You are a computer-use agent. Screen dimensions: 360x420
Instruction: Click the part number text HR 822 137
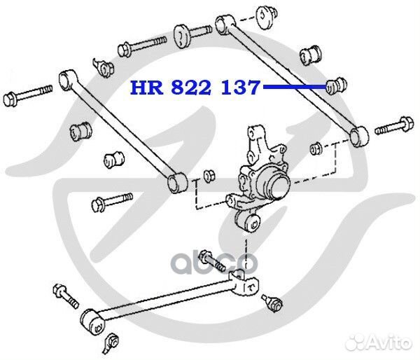click(193, 89)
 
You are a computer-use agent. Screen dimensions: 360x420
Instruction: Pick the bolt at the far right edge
click(395, 128)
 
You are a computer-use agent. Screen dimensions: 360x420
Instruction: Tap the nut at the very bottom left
click(110, 341)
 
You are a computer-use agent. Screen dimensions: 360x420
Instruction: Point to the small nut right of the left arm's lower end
click(208, 174)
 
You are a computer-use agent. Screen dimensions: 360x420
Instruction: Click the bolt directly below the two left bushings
click(111, 204)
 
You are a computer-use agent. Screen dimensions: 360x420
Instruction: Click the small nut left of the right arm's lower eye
click(316, 148)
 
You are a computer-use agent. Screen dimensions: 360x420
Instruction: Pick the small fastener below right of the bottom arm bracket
click(274, 303)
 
